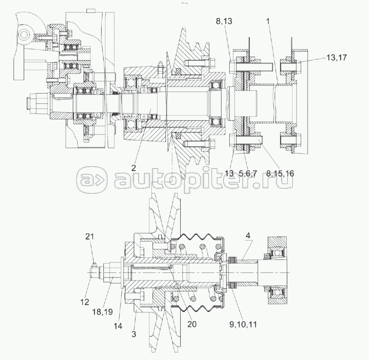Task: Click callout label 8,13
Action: [x=224, y=21]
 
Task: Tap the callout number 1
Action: [x=268, y=21]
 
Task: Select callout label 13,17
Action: [x=336, y=57]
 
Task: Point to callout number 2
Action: [x=134, y=168]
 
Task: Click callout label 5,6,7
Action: [x=248, y=173]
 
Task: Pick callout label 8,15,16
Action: [x=280, y=173]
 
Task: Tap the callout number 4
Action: [x=248, y=236]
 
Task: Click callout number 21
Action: [x=89, y=236]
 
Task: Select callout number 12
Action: [x=85, y=302]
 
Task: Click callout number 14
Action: [x=118, y=326]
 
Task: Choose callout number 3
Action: [x=134, y=334]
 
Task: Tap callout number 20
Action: [x=192, y=324]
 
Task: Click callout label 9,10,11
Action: [x=243, y=325]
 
